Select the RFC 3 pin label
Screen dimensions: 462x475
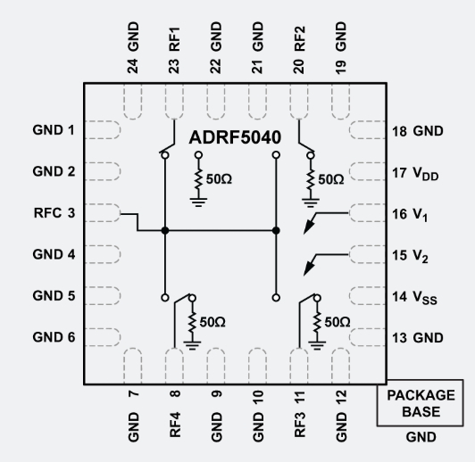tap(54, 213)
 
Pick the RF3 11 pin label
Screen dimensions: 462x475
tap(299, 417)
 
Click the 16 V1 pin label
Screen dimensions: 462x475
tap(412, 214)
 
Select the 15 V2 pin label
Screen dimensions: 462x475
tap(412, 255)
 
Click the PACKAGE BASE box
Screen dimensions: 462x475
tap(428, 404)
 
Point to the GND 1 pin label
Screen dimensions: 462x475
tap(54, 130)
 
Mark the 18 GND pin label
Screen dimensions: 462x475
tap(417, 130)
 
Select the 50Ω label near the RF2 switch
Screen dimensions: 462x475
tap(330, 178)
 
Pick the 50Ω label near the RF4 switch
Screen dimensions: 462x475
tap(212, 321)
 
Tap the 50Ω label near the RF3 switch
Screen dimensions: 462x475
tap(337, 321)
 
